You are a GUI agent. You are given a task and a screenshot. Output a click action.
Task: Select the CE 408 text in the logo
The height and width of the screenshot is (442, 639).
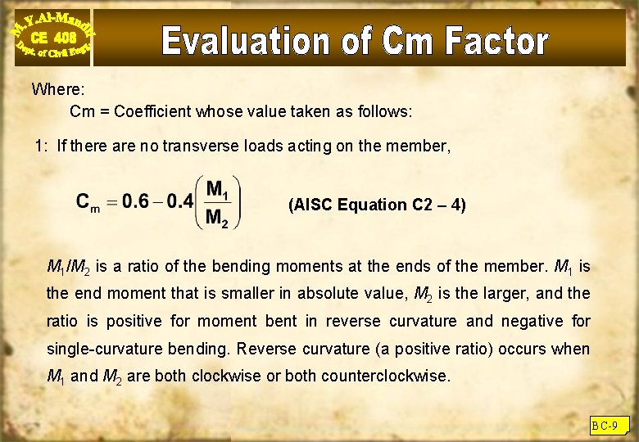[x=52, y=38]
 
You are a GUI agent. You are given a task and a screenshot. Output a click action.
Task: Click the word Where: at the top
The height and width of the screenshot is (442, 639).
[x=57, y=89]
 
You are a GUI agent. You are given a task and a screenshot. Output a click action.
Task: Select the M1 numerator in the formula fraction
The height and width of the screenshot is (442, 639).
[x=218, y=190]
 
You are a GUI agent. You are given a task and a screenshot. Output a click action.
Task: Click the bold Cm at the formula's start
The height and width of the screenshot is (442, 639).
[x=88, y=202]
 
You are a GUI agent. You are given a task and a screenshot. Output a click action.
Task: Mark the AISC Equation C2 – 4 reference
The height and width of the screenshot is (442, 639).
[x=377, y=205]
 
